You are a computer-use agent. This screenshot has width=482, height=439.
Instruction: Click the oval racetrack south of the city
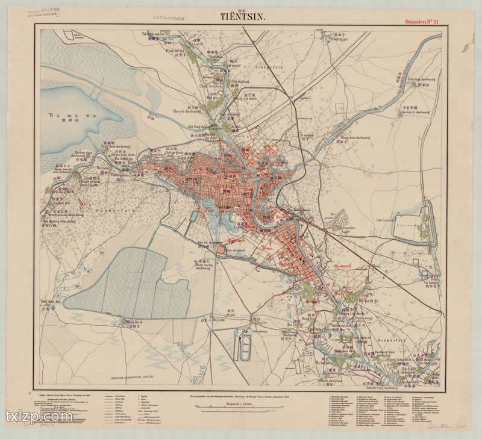[x=245, y=349]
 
